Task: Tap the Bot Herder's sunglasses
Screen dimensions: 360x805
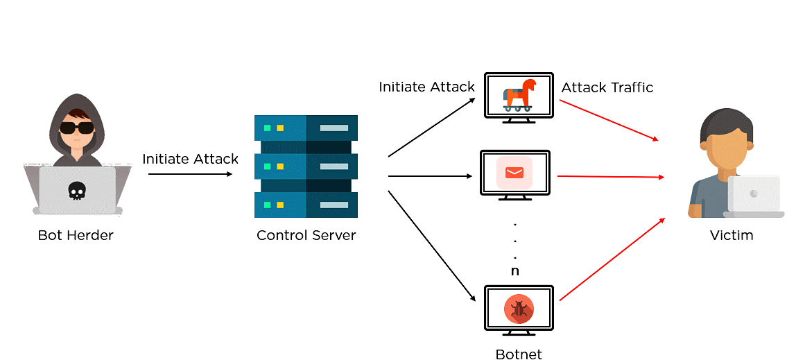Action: (75, 128)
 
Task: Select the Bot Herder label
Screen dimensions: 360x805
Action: (76, 235)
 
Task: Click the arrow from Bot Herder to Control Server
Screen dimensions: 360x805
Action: (190, 174)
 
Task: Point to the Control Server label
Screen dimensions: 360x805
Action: (306, 235)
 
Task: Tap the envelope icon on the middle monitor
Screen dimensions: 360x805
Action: (514, 172)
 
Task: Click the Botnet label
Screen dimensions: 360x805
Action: (519, 354)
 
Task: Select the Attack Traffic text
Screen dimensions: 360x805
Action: (607, 87)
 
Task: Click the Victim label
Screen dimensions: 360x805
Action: (732, 235)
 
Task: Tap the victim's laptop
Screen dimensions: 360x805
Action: (754, 196)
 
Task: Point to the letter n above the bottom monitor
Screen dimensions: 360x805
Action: (514, 271)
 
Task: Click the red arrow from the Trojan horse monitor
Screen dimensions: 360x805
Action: (608, 120)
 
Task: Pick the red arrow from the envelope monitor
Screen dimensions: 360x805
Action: (610, 177)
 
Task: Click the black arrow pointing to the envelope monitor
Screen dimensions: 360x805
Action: (430, 176)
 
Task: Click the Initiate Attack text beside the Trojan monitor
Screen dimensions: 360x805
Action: (426, 87)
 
